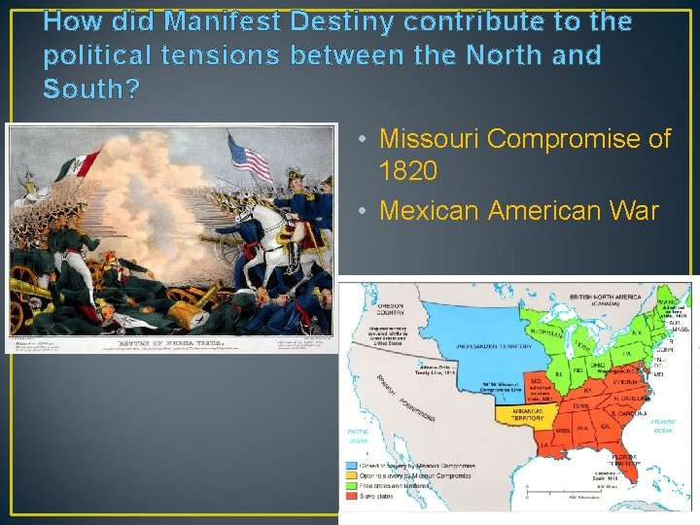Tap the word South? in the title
coord(91,89)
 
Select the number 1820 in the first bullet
coord(408,172)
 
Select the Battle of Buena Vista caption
coord(166,341)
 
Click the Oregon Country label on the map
coord(391,307)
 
